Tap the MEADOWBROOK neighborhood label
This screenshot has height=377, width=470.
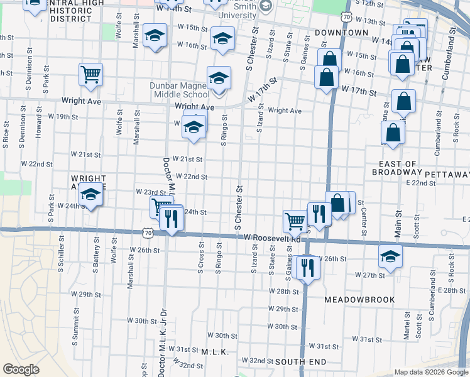click(x=360, y=300)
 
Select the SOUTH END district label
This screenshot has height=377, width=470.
click(x=300, y=362)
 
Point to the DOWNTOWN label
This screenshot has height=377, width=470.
click(x=341, y=32)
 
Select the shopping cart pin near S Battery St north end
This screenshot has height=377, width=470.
click(x=91, y=75)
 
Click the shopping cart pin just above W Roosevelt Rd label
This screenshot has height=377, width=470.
click(x=294, y=221)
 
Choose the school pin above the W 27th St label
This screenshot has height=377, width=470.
click(x=390, y=257)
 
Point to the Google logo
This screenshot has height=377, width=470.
click(x=21, y=369)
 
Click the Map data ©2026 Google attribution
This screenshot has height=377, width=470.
click(x=431, y=372)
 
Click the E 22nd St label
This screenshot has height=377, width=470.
click(x=421, y=182)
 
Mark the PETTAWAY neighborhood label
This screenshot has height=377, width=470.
click(x=447, y=173)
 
